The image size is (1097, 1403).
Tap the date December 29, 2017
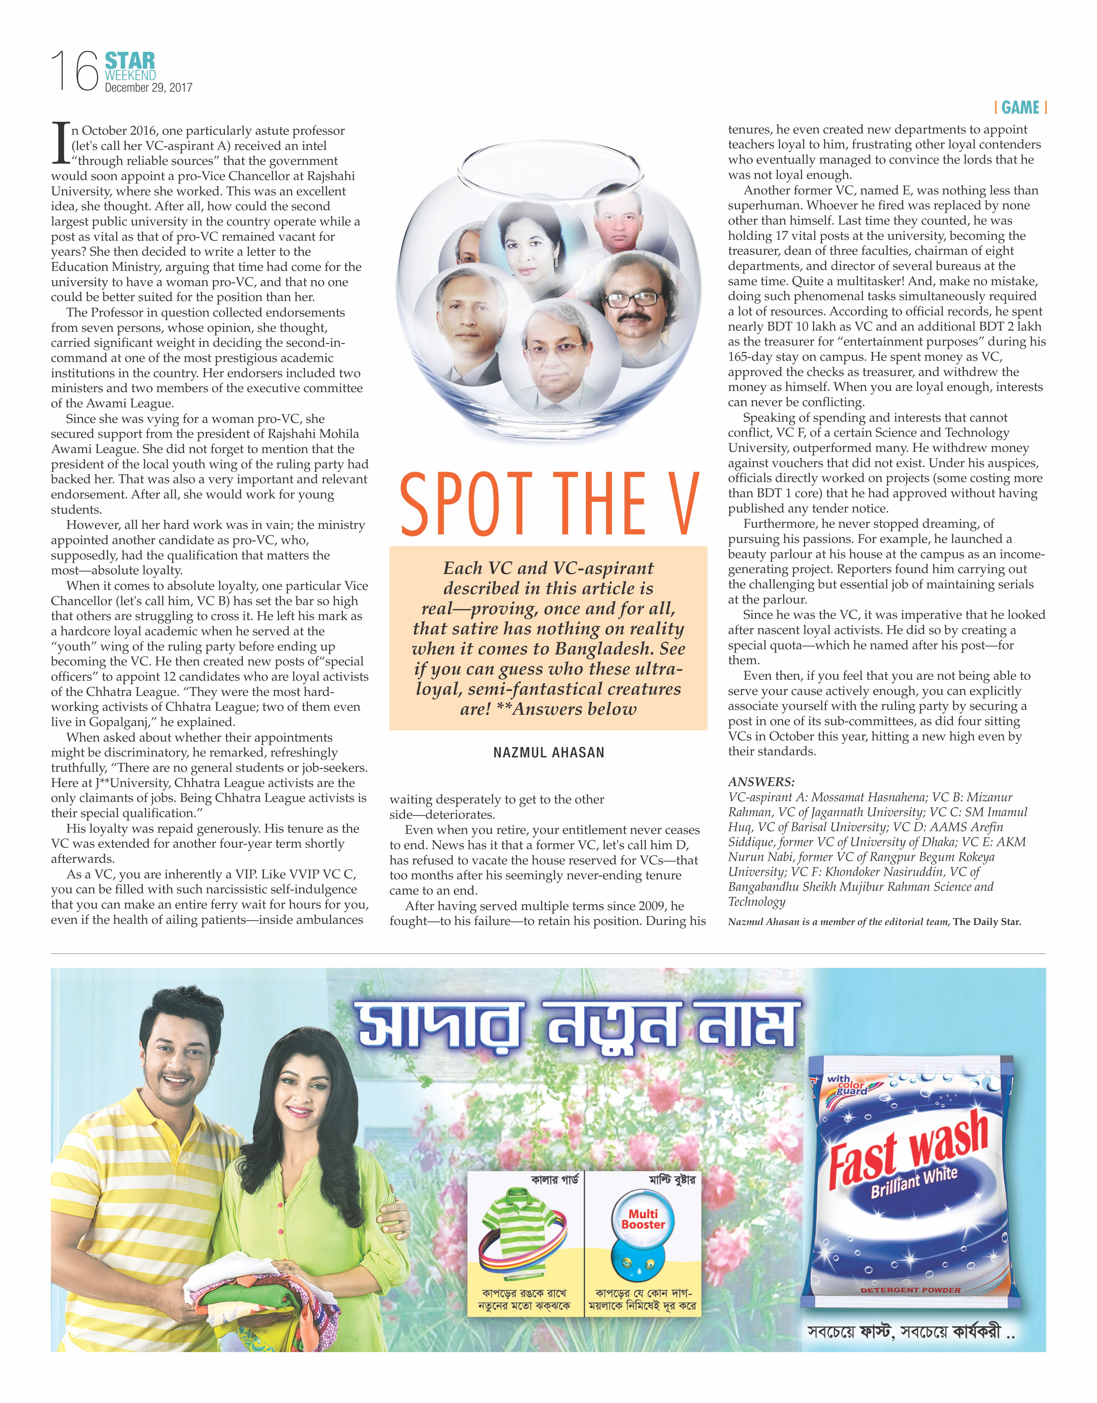point(148,88)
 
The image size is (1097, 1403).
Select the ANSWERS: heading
point(761,782)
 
